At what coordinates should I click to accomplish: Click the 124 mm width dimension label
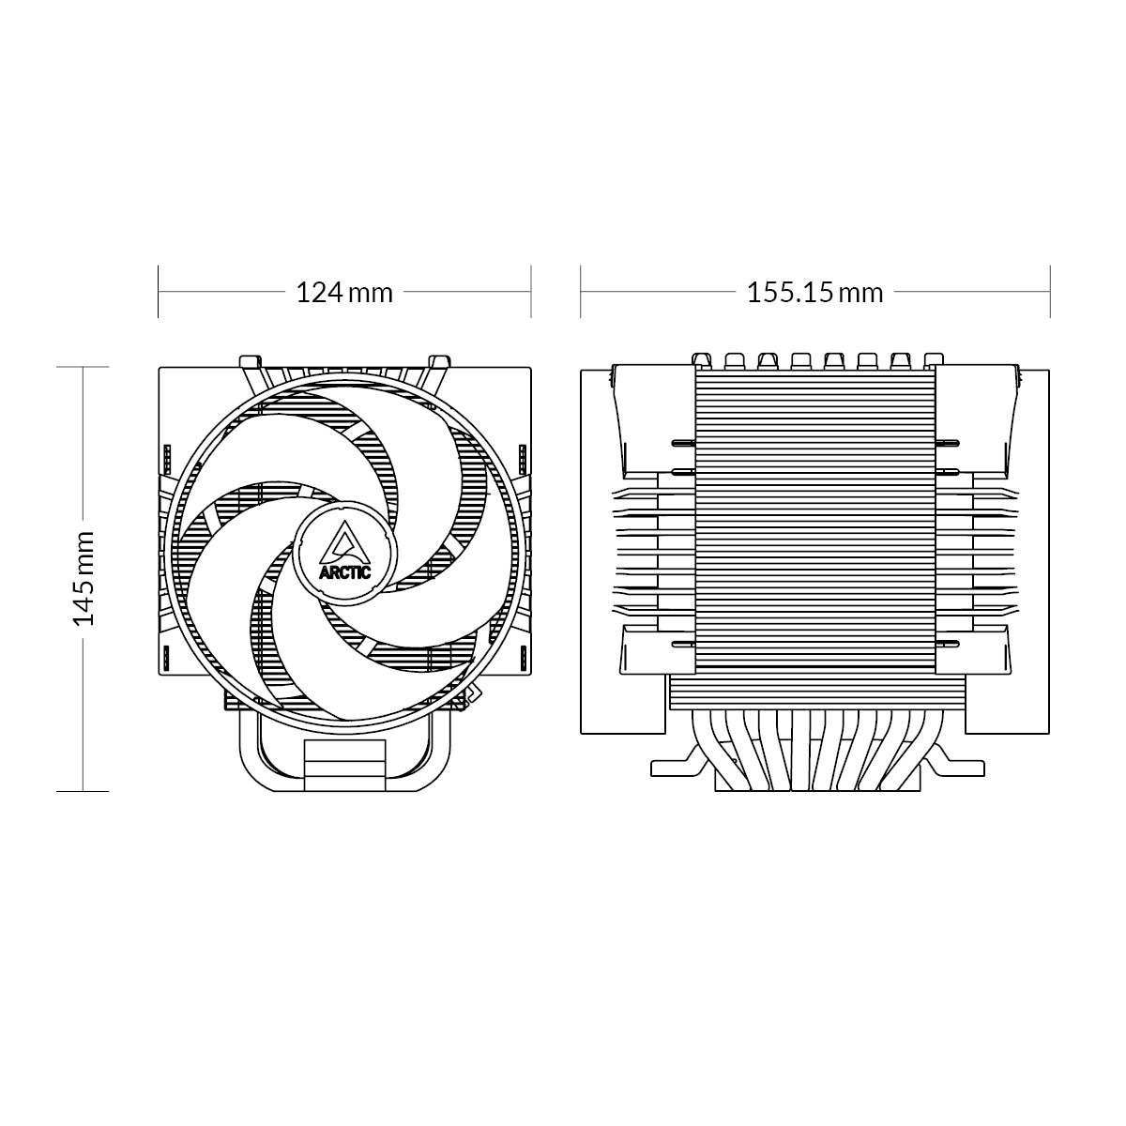(344, 293)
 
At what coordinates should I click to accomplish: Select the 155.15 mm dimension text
(814, 293)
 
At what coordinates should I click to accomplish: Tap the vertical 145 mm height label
(84, 578)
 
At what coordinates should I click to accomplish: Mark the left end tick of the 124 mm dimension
(159, 292)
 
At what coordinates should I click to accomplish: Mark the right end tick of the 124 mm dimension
(531, 292)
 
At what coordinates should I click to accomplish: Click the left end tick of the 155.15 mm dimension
(581, 292)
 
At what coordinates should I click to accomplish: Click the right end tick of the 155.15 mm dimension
(1049, 292)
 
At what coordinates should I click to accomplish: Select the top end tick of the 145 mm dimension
(84, 366)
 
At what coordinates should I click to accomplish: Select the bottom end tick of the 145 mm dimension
(84, 790)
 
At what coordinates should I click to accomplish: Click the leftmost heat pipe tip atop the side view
(700, 359)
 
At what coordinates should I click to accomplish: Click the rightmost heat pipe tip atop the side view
(932, 359)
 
